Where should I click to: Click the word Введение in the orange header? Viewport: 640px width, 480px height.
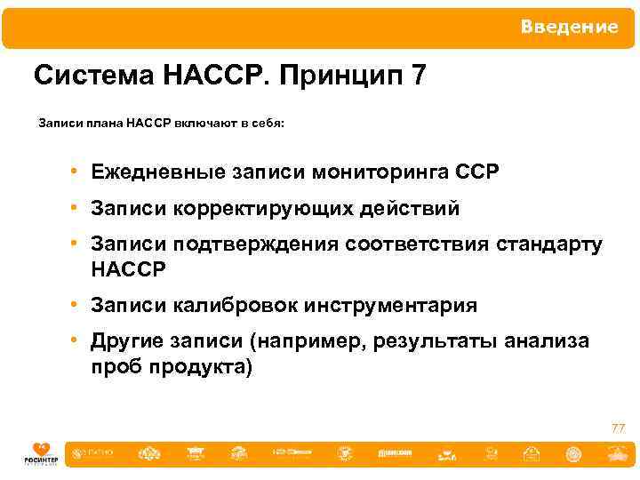tap(569, 27)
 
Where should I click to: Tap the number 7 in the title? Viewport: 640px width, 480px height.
tap(419, 76)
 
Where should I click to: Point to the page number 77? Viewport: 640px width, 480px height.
tap(618, 429)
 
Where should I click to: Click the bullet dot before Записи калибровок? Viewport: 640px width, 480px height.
tap(78, 306)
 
